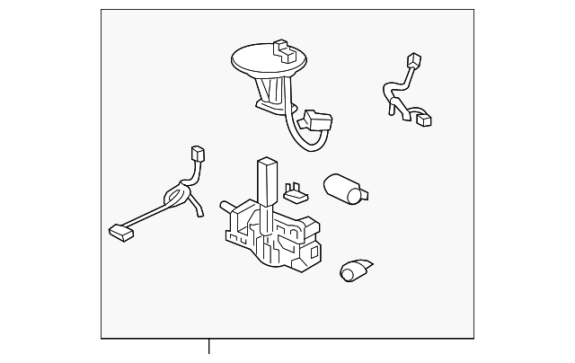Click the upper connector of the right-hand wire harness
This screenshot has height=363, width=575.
pyautogui.click(x=413, y=62)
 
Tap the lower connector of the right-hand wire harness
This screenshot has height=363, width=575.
pyautogui.click(x=424, y=120)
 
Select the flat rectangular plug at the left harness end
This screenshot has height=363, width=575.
pyautogui.click(x=120, y=231)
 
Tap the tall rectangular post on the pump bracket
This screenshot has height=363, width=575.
pyautogui.click(x=267, y=179)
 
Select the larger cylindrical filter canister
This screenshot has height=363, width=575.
pyautogui.click(x=341, y=188)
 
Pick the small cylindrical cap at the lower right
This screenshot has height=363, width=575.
pyautogui.click(x=357, y=269)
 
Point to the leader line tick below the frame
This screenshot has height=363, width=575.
pyautogui.click(x=209, y=346)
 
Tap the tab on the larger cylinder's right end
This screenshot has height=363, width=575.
pyautogui.click(x=366, y=193)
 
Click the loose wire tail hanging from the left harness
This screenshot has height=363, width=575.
pyautogui.click(x=197, y=210)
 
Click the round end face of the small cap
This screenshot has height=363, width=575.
pyautogui.click(x=348, y=273)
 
